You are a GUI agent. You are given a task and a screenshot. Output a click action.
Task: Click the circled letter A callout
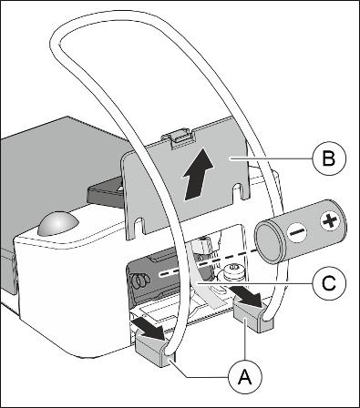pos(245,378)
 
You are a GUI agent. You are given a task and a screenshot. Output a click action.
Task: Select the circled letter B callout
pos(329,158)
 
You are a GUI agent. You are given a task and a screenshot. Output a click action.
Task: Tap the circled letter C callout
pos(329,283)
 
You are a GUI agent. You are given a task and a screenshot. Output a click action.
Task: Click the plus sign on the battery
pos(329,221)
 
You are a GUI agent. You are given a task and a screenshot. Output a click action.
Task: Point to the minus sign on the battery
pos(297,233)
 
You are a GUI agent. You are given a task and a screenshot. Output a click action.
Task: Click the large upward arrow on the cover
pos(198,174)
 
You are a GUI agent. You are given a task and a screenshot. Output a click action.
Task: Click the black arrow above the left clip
pos(147,329)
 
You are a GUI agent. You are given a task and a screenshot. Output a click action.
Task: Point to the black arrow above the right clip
pos(244,297)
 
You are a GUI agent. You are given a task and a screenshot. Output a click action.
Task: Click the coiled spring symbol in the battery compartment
pos(140,281)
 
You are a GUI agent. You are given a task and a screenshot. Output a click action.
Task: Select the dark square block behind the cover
pos(106,194)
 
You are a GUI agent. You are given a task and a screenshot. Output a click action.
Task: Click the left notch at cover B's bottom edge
pos(139,226)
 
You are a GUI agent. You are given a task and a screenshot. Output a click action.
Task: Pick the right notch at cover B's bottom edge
pos(239,191)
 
